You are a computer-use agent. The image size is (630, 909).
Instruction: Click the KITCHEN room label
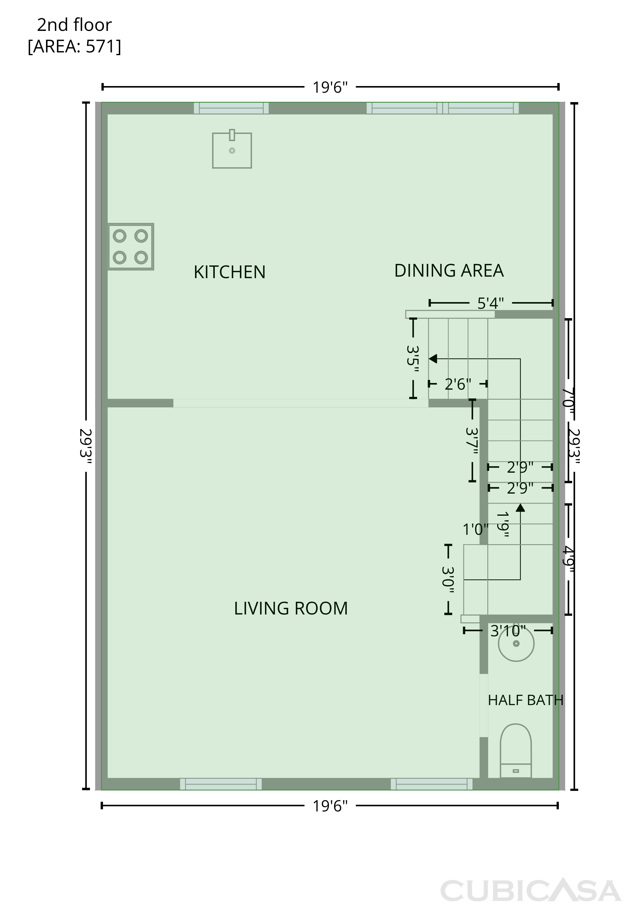[x=229, y=272]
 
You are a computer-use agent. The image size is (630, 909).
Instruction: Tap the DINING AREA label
[x=449, y=271]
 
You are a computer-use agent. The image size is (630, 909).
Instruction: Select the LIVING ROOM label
[x=291, y=608]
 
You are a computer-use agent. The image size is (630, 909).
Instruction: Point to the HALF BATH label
[x=526, y=700]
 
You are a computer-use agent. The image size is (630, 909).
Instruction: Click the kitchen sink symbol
[x=232, y=150]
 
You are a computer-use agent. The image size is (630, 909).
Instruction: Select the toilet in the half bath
[x=516, y=751]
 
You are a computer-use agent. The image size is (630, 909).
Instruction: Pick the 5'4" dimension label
[x=491, y=303]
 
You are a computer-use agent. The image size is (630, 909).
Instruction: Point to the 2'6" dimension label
[x=458, y=384]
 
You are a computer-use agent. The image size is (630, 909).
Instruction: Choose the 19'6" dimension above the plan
[x=330, y=87]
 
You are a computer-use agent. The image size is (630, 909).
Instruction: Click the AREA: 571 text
[x=75, y=47]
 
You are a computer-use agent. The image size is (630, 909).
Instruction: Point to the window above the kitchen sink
[x=231, y=108]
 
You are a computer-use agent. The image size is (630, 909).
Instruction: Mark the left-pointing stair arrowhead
[x=433, y=358]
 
